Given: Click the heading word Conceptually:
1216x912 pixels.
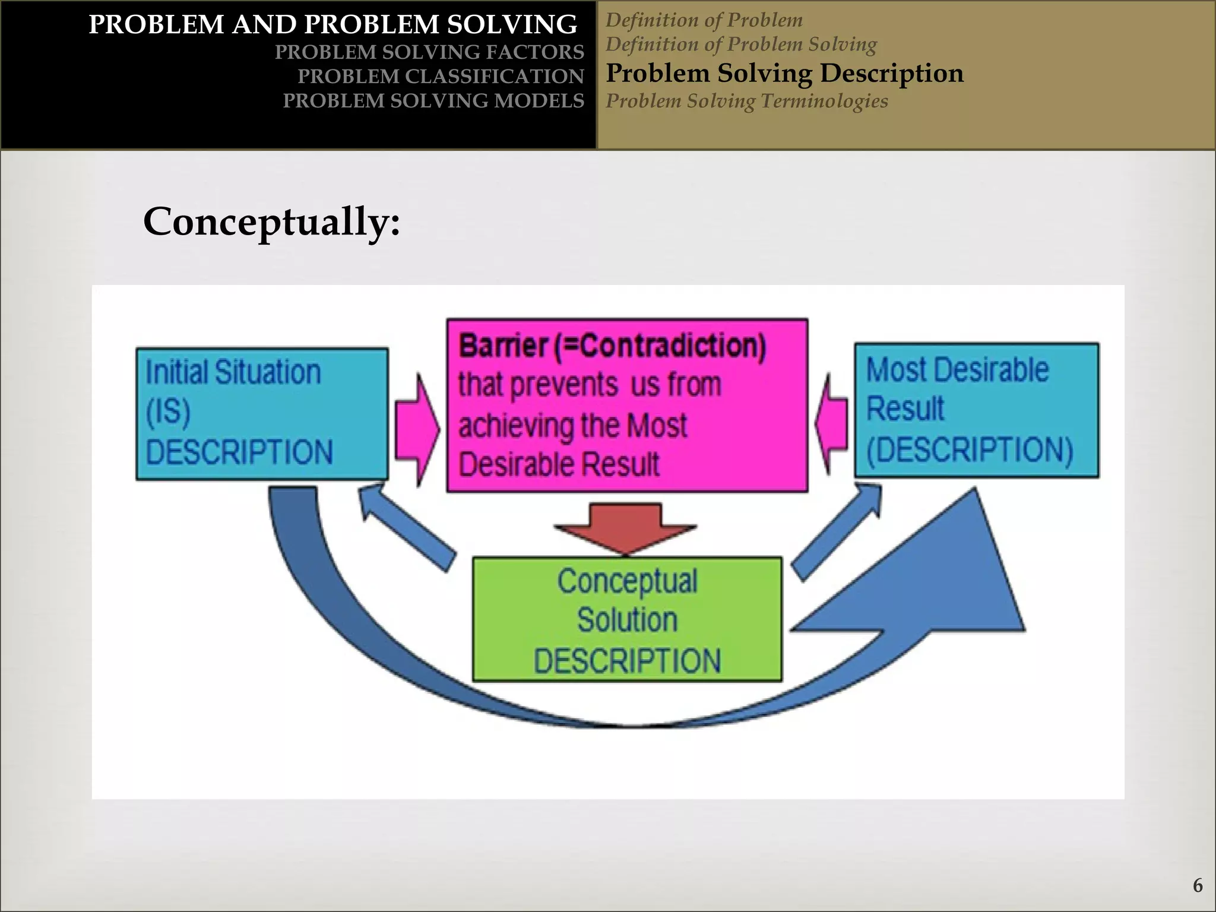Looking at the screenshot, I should pyautogui.click(x=271, y=222).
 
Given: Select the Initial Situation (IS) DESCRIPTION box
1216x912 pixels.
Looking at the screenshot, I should pyautogui.click(x=262, y=414).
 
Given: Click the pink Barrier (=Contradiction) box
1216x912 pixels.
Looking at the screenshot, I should pyautogui.click(x=627, y=406).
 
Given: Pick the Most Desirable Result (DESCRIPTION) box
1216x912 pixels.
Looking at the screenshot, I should pyautogui.click(x=976, y=410).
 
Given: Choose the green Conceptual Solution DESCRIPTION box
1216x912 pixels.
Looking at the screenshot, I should pyautogui.click(x=627, y=619).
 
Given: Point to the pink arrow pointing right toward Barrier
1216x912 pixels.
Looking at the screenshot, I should pyautogui.click(x=417, y=429).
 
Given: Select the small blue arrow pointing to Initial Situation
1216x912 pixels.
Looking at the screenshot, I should pyautogui.click(x=404, y=526).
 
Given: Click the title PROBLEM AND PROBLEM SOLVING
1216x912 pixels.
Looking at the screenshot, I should pyautogui.click(x=332, y=25).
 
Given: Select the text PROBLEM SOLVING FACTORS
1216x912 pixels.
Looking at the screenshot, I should pyautogui.click(x=429, y=52).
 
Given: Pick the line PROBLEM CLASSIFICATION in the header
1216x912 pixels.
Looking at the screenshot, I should pyautogui.click(x=441, y=77).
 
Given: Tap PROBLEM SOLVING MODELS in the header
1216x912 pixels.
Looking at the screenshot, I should pyautogui.click(x=433, y=101).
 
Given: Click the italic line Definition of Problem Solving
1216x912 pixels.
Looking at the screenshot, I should pyautogui.click(x=740, y=45).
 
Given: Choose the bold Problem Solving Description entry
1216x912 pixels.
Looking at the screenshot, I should pyautogui.click(x=784, y=73).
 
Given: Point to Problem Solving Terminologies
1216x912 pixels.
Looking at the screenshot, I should pyautogui.click(x=746, y=101).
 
